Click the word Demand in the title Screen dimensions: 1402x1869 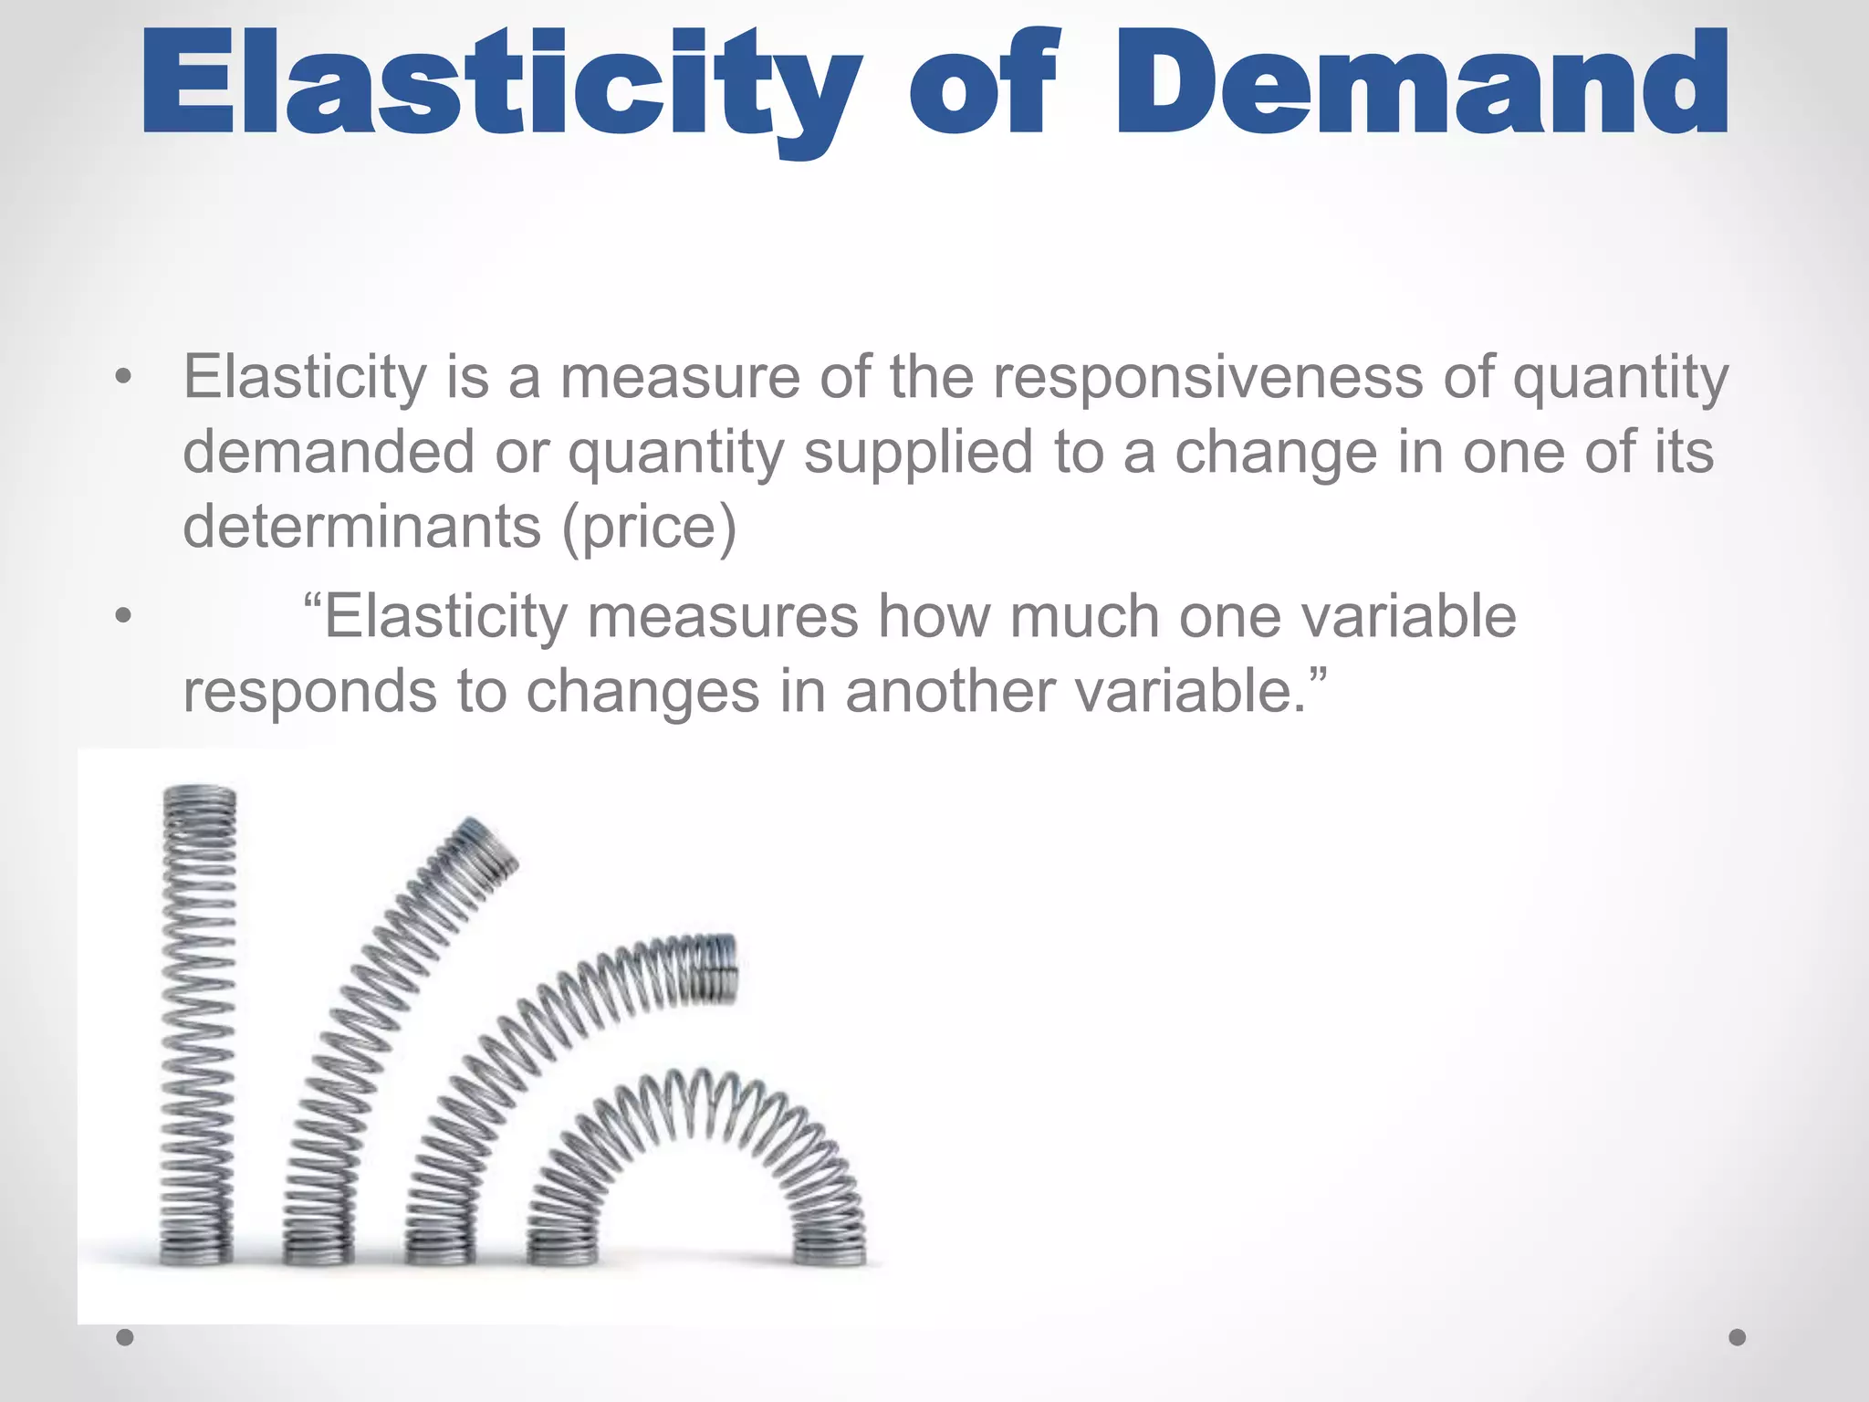coord(1421,84)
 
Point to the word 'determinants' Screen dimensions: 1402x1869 coord(361,527)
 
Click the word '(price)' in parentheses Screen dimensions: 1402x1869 coord(649,528)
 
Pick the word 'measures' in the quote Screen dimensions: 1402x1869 coord(722,616)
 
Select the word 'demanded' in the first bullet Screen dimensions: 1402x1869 coord(329,452)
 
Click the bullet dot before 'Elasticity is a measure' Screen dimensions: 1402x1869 coord(124,376)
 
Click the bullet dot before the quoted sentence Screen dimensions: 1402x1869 coord(124,616)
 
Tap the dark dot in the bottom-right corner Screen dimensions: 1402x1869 coord(1738,1337)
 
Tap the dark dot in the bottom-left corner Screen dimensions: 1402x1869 coord(126,1337)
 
